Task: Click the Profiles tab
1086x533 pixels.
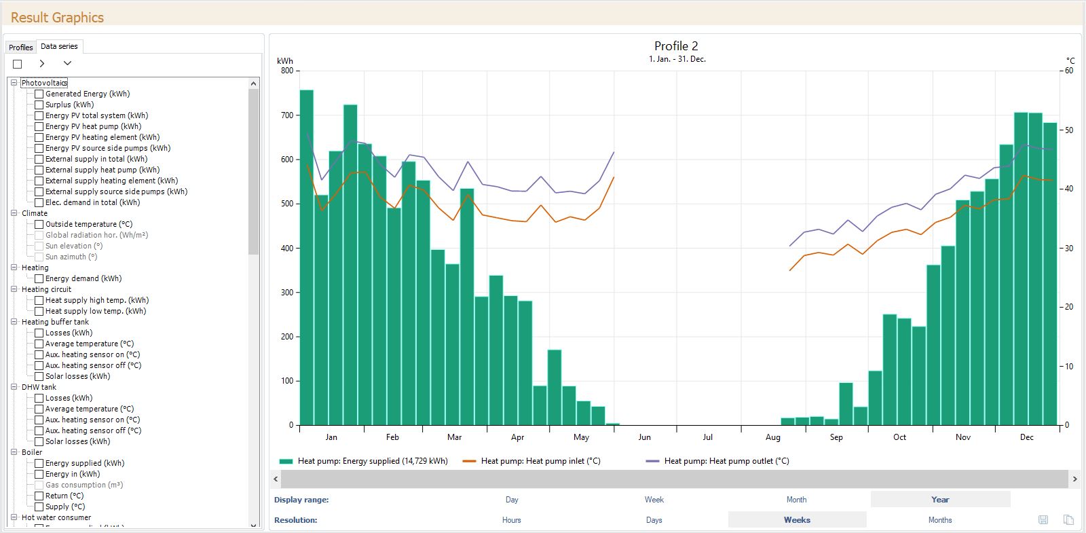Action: (x=20, y=47)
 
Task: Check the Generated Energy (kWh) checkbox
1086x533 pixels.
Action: (x=39, y=94)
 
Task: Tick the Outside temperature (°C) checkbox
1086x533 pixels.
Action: (x=39, y=224)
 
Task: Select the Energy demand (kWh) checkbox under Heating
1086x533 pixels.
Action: (x=39, y=278)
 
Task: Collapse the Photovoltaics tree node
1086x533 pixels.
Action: (x=14, y=83)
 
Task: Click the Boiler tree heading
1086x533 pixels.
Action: (x=31, y=452)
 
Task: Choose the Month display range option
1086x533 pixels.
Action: (x=796, y=500)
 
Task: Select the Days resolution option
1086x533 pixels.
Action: (x=654, y=520)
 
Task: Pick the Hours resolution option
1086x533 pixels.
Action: (x=511, y=520)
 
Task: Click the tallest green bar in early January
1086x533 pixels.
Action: (x=306, y=258)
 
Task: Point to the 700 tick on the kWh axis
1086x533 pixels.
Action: (x=287, y=115)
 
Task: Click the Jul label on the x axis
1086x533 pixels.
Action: (x=708, y=437)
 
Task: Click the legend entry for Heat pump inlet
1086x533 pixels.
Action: (x=540, y=461)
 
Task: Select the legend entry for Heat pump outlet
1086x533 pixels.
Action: (x=726, y=461)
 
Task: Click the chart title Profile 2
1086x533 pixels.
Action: (x=675, y=46)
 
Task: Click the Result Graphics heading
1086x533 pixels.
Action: (x=57, y=18)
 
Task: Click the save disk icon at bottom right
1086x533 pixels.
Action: (x=1043, y=520)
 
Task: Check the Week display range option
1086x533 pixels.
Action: (x=654, y=500)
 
